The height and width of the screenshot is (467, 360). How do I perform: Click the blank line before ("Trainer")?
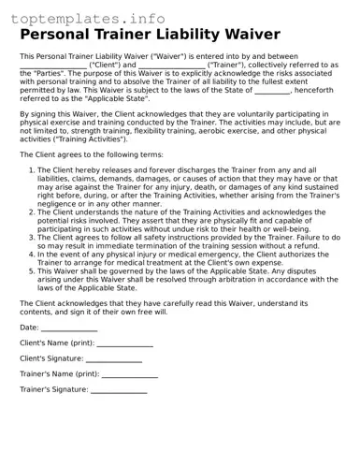coord(171,67)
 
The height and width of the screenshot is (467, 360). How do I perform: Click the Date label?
coord(29,328)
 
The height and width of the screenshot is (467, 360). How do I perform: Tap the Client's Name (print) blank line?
coord(126,345)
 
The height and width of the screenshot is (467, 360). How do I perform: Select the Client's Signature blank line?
coord(113,360)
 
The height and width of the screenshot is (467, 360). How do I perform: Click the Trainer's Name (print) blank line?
coord(129,376)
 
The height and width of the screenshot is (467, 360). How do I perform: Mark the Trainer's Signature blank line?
coord(118,391)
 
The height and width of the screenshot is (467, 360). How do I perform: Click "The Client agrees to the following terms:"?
coord(92,153)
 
